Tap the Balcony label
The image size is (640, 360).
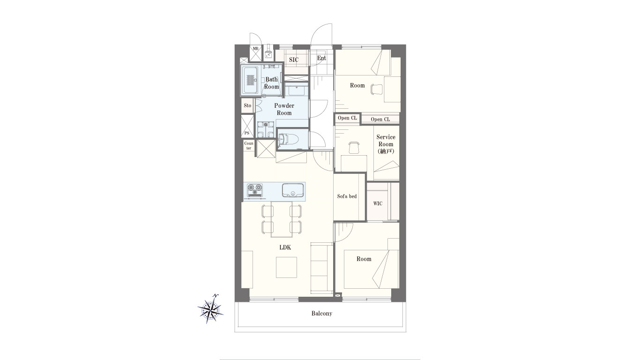click(x=322, y=314)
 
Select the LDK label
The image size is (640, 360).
click(x=285, y=247)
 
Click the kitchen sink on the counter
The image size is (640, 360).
click(x=293, y=190)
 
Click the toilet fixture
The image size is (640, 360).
click(x=289, y=140)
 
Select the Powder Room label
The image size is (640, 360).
click(x=284, y=109)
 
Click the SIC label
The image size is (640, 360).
click(x=294, y=60)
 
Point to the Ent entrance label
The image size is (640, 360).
click(x=321, y=58)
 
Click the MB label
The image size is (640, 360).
click(x=255, y=49)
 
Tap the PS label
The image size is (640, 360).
click(x=247, y=133)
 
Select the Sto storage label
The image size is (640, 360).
click(x=247, y=105)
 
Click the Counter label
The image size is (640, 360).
click(x=249, y=145)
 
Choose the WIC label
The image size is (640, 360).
click(x=378, y=203)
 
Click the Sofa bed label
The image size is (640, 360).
click(x=347, y=196)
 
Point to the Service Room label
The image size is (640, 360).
click(x=386, y=144)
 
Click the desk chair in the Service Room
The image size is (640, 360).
click(x=354, y=148)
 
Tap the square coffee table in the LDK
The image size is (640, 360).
click(x=286, y=267)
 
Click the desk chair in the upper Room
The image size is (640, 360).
click(x=376, y=89)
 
